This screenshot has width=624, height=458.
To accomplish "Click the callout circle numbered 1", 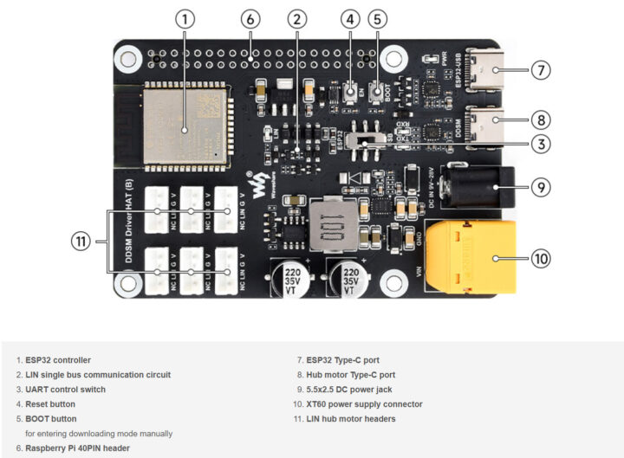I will pos(185,18).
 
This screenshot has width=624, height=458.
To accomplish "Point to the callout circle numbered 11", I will pos(80,242).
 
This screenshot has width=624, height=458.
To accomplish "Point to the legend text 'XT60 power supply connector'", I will pos(364,404).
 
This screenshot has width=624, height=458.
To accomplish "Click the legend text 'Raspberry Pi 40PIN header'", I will pos(79,448).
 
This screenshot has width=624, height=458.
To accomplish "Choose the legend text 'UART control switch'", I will pos(66,390).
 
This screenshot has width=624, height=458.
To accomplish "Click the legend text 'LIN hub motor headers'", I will pos(351,419).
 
